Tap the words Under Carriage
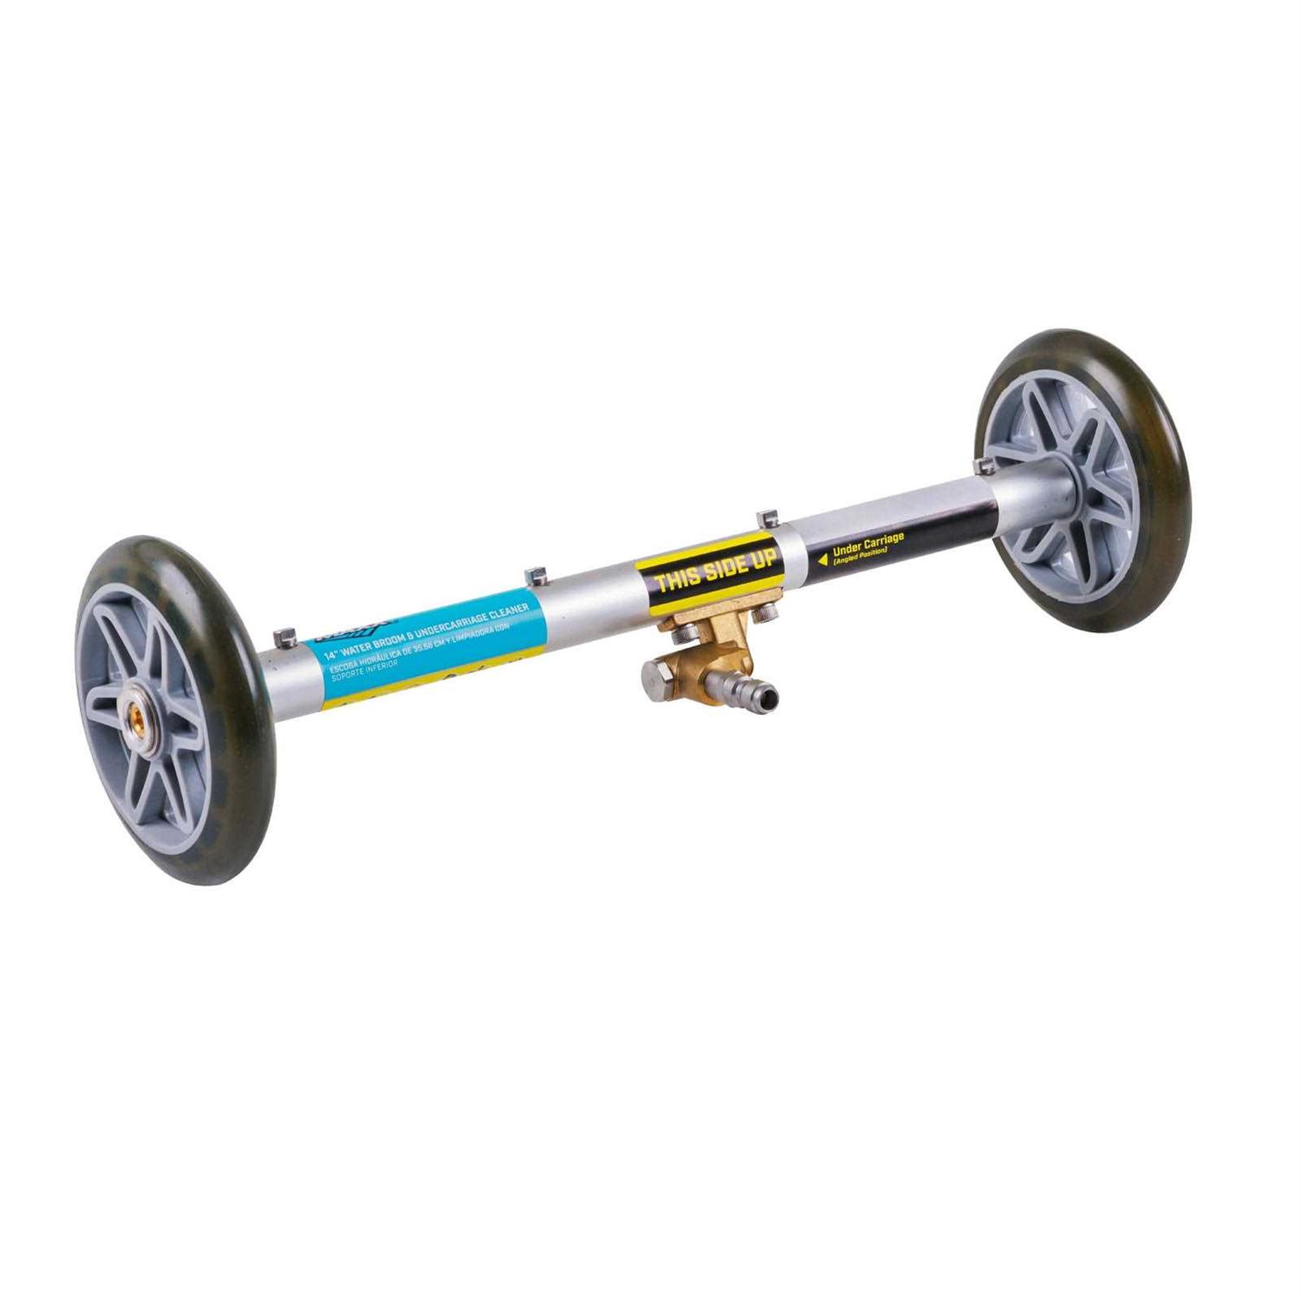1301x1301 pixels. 867,544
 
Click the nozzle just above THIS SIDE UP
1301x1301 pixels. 763,519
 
